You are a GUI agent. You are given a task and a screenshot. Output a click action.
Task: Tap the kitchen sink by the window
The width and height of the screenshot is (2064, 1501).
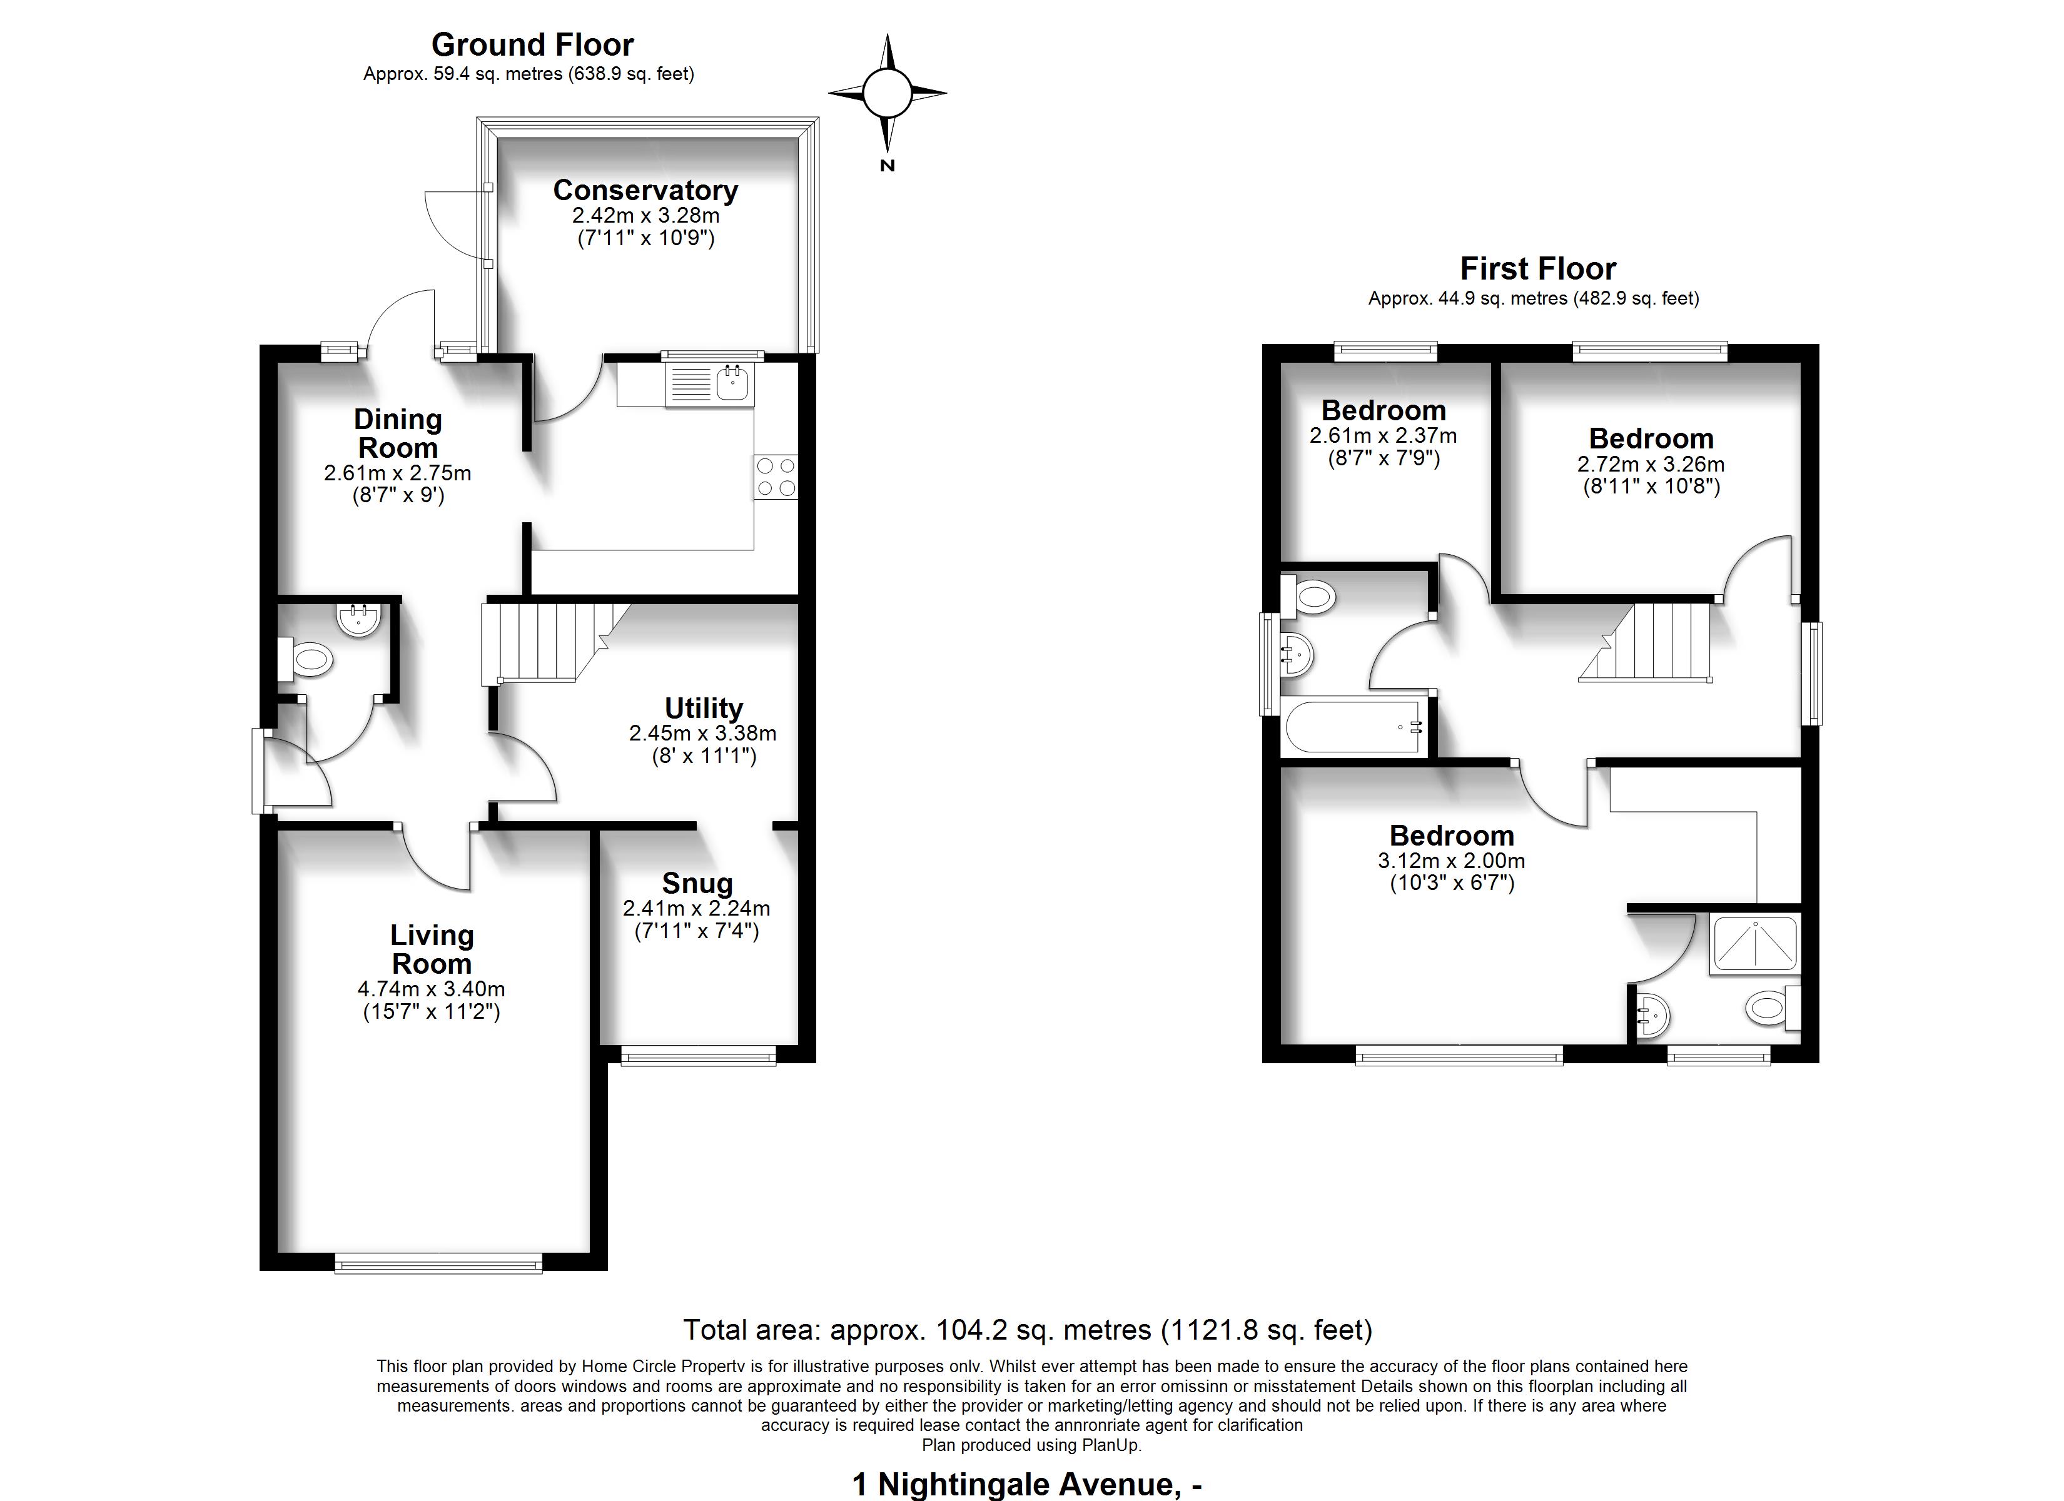[708, 384]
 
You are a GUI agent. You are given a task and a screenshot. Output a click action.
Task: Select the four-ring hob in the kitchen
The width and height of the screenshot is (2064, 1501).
[776, 477]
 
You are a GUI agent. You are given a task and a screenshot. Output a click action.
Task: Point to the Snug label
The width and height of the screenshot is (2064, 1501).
[697, 883]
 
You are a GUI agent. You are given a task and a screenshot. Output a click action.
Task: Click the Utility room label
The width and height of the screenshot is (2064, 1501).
[704, 708]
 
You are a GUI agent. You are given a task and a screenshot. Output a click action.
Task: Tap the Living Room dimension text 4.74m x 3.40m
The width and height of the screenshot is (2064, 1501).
[432, 989]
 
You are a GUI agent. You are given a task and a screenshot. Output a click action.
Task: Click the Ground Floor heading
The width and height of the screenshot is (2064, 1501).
[532, 44]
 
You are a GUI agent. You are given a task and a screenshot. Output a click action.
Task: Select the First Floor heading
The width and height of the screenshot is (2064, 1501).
[1538, 268]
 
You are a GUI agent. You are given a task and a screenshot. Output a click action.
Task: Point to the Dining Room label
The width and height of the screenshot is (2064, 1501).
[398, 433]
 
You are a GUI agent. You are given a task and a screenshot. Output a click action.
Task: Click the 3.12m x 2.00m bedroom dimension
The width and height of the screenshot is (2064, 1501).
[1452, 860]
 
